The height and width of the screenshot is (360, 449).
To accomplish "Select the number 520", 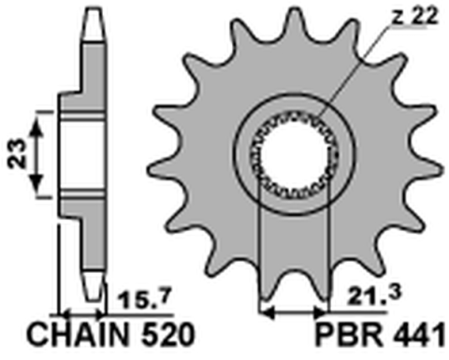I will [x=167, y=334].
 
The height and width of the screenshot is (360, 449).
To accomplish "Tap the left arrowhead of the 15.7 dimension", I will [x=65, y=312].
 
